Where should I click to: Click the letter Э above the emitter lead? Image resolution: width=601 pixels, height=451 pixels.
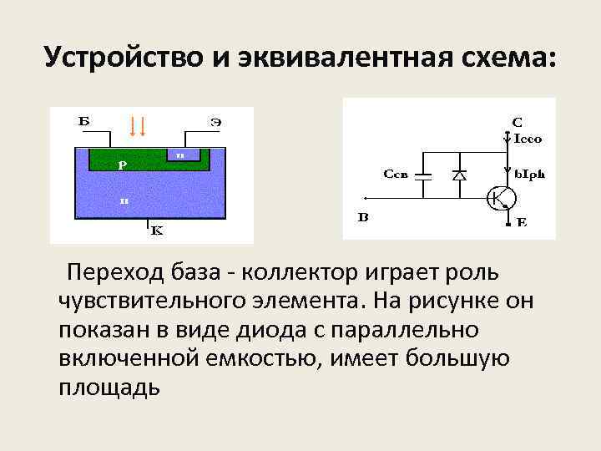[x=215, y=122]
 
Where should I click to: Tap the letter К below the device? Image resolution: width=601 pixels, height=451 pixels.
[x=156, y=232]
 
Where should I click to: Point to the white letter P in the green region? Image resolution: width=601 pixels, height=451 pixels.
[x=121, y=165]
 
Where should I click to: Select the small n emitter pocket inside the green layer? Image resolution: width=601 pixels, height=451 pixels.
[x=180, y=154]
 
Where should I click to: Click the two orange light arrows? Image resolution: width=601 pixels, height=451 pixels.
[x=139, y=126]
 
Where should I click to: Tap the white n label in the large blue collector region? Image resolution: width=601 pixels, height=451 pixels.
[x=123, y=200]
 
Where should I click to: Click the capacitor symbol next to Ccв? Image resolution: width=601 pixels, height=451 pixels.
[x=423, y=176]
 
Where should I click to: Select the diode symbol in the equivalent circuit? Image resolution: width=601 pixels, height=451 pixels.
[x=458, y=175]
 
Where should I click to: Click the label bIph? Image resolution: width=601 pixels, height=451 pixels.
[x=529, y=175]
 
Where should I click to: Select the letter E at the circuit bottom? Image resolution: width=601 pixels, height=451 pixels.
[x=522, y=224]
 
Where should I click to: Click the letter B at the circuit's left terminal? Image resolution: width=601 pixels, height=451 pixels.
[x=363, y=218]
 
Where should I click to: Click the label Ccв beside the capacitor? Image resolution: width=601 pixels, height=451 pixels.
[x=396, y=175]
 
